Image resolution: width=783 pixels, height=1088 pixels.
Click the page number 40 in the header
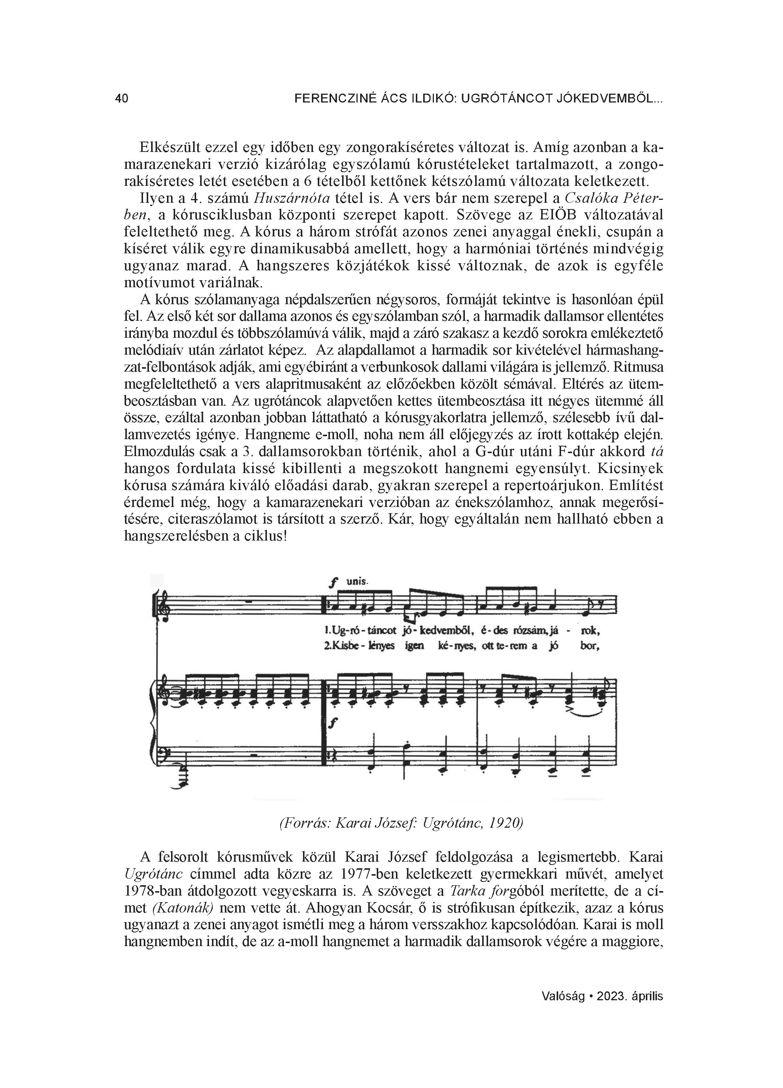[x=121, y=99]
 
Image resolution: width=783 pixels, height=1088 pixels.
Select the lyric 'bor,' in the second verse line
[x=590, y=646]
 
